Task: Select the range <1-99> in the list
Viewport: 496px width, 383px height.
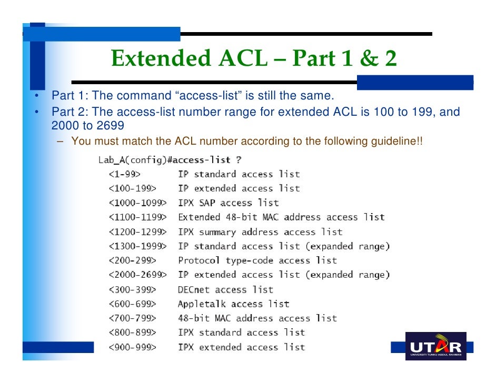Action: tap(125, 174)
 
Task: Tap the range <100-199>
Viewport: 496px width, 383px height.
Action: tap(132, 188)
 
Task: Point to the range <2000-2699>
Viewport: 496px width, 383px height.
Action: tap(137, 275)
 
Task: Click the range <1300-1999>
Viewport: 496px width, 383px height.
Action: tap(137, 246)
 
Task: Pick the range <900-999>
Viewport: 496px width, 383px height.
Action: tap(132, 347)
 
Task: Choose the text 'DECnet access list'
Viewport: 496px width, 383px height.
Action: tap(225, 289)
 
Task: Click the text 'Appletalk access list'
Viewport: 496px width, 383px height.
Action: tap(233, 304)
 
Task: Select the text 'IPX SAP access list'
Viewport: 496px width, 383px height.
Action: tap(228, 203)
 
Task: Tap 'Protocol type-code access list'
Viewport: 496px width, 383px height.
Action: tap(257, 260)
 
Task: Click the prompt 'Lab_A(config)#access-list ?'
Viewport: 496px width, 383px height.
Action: tap(170, 159)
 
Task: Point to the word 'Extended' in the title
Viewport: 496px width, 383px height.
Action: tap(160, 59)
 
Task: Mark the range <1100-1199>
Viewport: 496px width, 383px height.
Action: tap(137, 217)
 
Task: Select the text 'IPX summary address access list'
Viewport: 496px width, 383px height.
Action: tap(260, 231)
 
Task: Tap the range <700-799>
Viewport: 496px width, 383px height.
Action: tap(132, 318)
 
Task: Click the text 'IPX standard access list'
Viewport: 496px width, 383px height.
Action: tap(241, 332)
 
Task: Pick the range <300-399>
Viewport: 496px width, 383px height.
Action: tap(132, 289)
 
